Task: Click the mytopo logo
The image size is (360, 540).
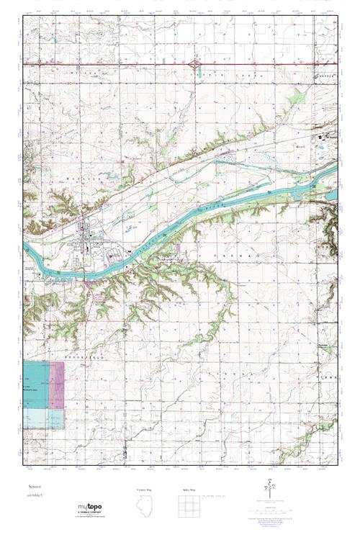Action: point(90,509)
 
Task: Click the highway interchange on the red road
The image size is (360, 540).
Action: point(199,65)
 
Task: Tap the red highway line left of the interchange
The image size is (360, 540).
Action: point(108,65)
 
